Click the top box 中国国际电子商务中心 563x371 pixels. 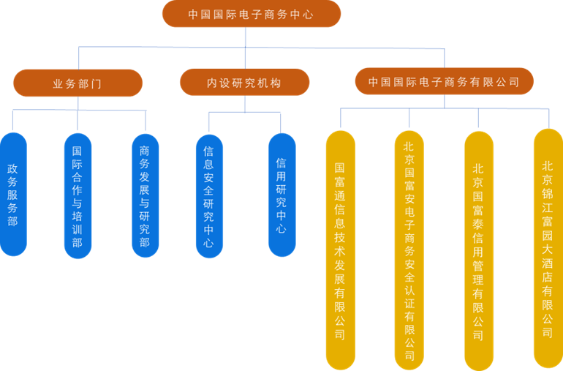pos(251,14)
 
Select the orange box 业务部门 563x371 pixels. pos(78,83)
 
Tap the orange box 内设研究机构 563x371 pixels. pos(244,83)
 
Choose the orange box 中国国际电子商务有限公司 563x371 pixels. pos(444,82)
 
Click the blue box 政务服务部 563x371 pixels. pos(12,195)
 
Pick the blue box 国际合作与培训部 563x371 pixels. pos(78,196)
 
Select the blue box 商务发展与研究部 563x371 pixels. pos(144,196)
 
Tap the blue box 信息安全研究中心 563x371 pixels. pos(209,196)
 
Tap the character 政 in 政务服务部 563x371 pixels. pos(12,169)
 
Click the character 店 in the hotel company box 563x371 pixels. pos(548,277)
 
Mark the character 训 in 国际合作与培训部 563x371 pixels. pos(78,230)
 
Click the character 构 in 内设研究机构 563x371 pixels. pos(276,83)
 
